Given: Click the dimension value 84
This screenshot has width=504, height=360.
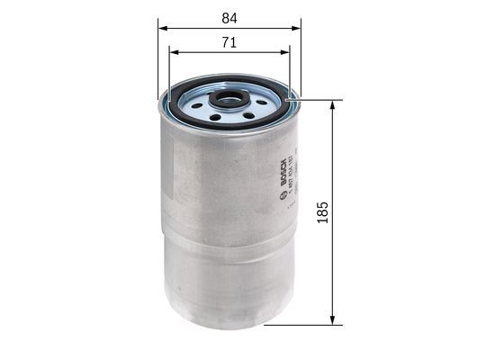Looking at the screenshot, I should click(x=230, y=15).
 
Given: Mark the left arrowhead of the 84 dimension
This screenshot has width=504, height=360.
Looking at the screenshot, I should click(x=163, y=27).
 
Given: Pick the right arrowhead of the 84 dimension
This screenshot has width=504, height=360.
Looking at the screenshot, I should click(x=299, y=27).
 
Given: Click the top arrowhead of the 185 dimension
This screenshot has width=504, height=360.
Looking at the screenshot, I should click(x=334, y=102).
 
